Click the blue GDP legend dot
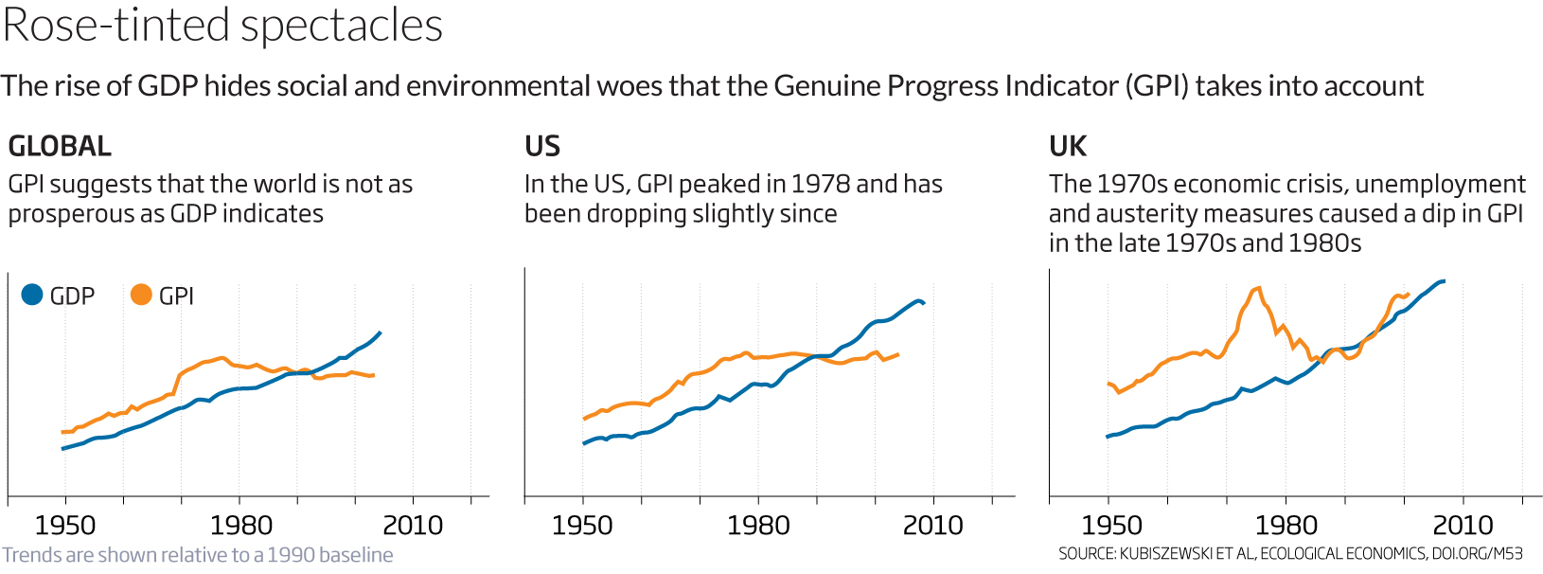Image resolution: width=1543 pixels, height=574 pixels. pyautogui.click(x=32, y=295)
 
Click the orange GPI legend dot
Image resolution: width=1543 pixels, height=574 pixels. pyautogui.click(x=141, y=295)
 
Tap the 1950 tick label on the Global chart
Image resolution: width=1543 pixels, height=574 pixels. pyautogui.click(x=65, y=526)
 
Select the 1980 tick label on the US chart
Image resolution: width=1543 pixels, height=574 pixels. pyautogui.click(x=758, y=526)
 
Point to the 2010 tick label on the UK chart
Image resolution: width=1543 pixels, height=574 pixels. pyautogui.click(x=1463, y=526)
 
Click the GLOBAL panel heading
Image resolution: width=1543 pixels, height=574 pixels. pyautogui.click(x=60, y=147)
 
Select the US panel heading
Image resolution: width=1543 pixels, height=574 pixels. pyautogui.click(x=542, y=147)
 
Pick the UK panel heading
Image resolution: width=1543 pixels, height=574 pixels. pyautogui.click(x=1068, y=147)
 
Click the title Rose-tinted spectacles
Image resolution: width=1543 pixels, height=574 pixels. pyautogui.click(x=222, y=26)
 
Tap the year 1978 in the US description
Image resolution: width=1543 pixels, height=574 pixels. pyautogui.click(x=821, y=184)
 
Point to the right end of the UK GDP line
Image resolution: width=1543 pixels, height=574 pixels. pyautogui.click(x=1444, y=281)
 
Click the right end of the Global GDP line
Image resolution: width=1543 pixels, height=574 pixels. pyautogui.click(x=381, y=332)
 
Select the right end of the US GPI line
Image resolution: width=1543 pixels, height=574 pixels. pyautogui.click(x=897, y=354)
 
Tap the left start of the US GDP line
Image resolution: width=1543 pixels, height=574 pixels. pyautogui.click(x=583, y=443)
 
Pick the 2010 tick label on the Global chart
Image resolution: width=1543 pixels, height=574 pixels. pyautogui.click(x=413, y=526)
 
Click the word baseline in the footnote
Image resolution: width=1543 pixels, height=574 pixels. pyautogui.click(x=359, y=555)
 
